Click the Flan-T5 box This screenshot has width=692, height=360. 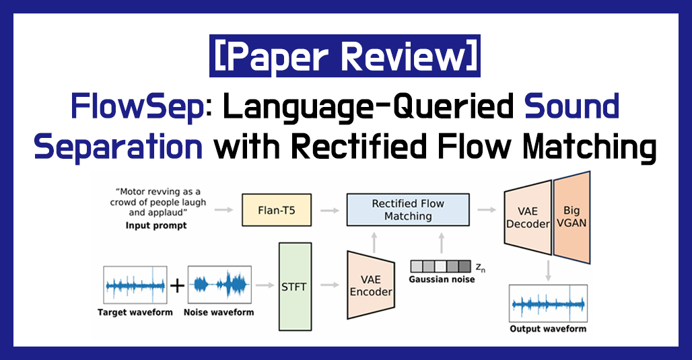pyautogui.click(x=277, y=210)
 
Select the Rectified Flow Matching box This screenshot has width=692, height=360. pyautogui.click(x=408, y=209)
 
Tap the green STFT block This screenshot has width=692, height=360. pyautogui.click(x=295, y=287)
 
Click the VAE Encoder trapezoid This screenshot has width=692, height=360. pyautogui.click(x=371, y=285)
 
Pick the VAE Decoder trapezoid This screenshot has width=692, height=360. pyautogui.click(x=528, y=217)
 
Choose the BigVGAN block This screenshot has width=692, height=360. pyautogui.click(x=572, y=217)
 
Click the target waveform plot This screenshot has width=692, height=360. pyautogui.click(x=135, y=285)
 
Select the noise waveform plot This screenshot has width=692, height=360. pyautogui.click(x=219, y=285)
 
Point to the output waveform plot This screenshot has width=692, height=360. pyautogui.click(x=548, y=303)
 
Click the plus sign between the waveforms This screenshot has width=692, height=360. pyautogui.click(x=178, y=286)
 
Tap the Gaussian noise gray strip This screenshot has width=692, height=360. pyautogui.click(x=441, y=266)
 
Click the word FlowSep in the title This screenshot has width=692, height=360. pyautogui.click(x=137, y=107)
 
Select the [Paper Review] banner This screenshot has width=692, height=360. pyautogui.click(x=345, y=56)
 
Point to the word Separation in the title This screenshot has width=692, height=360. pyautogui.click(x=118, y=147)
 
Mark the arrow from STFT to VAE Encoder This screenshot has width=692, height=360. pyautogui.click(x=330, y=285)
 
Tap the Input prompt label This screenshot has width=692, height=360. pyautogui.click(x=156, y=225)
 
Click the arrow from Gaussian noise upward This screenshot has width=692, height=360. pyautogui.click(x=442, y=243)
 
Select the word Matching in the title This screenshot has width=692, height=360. pyautogui.click(x=590, y=147)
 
